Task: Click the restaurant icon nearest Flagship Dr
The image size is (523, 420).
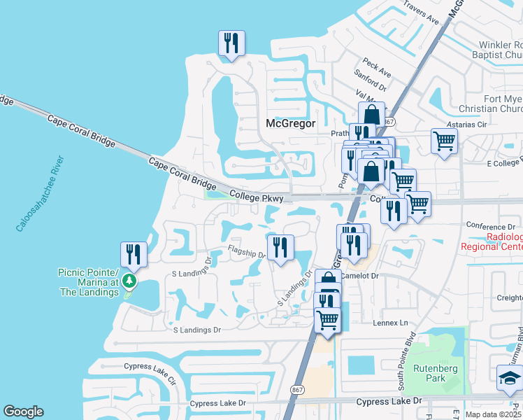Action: [280, 247]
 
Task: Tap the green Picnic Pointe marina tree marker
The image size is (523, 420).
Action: [129, 281]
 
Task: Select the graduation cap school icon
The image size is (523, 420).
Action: [510, 378]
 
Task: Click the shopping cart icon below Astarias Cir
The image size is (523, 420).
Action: [444, 142]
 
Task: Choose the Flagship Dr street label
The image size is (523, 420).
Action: [247, 253]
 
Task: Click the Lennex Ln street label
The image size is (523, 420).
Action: [390, 323]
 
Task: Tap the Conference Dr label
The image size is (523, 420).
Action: [490, 226]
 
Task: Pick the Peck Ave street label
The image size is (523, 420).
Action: [377, 69]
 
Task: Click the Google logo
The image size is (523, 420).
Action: [23, 412]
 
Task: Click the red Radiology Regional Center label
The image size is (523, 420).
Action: [493, 241]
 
